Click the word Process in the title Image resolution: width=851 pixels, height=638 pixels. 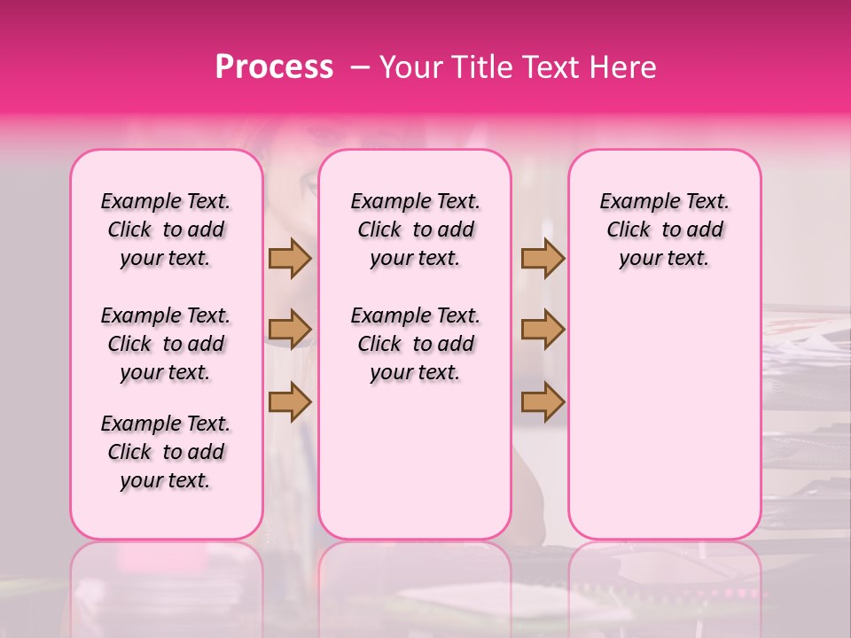click(274, 67)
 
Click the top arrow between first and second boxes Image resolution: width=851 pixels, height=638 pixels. click(290, 258)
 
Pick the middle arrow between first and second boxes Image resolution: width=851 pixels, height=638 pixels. click(290, 330)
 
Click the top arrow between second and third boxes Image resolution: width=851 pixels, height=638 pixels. click(543, 258)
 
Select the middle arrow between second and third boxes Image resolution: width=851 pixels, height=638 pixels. click(543, 330)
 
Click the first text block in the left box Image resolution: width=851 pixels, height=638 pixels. click(166, 230)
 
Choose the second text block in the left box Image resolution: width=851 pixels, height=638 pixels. click(166, 344)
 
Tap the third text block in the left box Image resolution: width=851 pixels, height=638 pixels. click(166, 452)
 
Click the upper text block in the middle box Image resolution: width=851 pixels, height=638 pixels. click(416, 230)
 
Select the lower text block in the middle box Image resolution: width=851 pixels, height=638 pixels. click(416, 344)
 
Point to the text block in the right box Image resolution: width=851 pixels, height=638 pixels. click(665, 230)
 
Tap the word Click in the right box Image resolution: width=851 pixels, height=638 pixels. click(628, 230)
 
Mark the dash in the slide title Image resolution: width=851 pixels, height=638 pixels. click(361, 67)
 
